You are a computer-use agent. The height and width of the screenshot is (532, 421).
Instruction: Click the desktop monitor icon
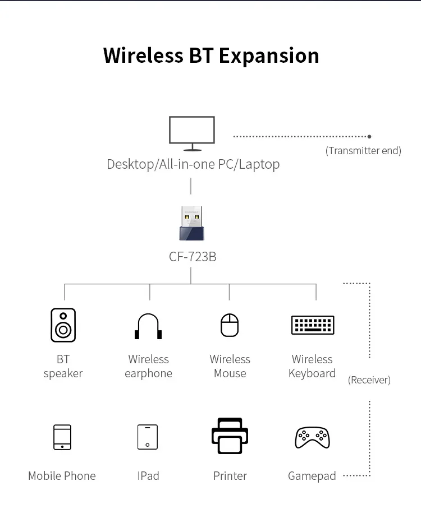pyautogui.click(x=192, y=133)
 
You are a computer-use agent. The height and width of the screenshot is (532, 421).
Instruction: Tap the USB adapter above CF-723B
pyautogui.click(x=191, y=224)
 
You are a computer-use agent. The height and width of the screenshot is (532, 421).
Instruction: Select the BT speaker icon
pyautogui.click(x=63, y=325)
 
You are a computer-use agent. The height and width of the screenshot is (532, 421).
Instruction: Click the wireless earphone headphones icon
pyautogui.click(x=148, y=326)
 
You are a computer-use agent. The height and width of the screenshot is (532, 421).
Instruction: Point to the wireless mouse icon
pyautogui.click(x=230, y=325)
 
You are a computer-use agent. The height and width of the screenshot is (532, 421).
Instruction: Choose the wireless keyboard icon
pyautogui.click(x=313, y=325)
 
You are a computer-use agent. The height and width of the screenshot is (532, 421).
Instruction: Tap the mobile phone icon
pyautogui.click(x=62, y=437)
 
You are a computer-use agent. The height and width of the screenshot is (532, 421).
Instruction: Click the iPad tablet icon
pyautogui.click(x=148, y=437)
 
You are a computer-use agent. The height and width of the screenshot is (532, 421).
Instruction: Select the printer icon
pyautogui.click(x=230, y=436)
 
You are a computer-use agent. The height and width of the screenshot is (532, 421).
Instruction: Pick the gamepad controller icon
pyautogui.click(x=312, y=437)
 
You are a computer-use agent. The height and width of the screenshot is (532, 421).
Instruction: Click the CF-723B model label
pyautogui.click(x=193, y=257)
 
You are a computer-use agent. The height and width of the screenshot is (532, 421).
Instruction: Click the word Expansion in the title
pyautogui.click(x=268, y=55)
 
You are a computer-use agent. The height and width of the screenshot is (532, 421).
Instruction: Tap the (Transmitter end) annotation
pyautogui.click(x=363, y=151)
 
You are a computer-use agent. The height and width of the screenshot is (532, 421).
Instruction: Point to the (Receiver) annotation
pyautogui.click(x=369, y=380)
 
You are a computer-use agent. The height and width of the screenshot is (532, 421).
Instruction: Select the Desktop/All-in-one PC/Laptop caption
pyautogui.click(x=193, y=164)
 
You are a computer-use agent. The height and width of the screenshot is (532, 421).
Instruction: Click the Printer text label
pyautogui.click(x=230, y=476)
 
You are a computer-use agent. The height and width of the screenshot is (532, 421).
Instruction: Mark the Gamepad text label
pyautogui.click(x=312, y=476)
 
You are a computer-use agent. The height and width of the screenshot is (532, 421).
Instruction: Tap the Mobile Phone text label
pyautogui.click(x=62, y=476)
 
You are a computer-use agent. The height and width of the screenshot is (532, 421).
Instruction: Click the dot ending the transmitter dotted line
pyautogui.click(x=369, y=136)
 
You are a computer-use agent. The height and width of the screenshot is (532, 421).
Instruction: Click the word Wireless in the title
pyautogui.click(x=143, y=55)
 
